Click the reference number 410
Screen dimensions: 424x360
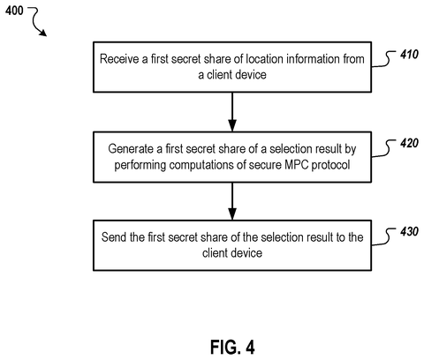[409, 55]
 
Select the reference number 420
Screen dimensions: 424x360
[409, 143]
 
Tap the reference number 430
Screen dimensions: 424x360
[409, 232]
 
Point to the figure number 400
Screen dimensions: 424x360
[14, 11]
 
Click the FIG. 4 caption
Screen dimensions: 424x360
[232, 347]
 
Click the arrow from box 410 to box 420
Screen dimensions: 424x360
[232, 112]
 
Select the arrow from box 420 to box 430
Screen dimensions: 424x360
[232, 201]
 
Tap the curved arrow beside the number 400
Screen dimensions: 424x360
[37, 21]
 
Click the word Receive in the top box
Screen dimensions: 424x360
[119, 59]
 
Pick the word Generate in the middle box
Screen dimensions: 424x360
[131, 149]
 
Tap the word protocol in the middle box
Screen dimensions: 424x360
[331, 165]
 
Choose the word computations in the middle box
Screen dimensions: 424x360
[201, 165]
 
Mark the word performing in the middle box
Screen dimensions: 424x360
[140, 165]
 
